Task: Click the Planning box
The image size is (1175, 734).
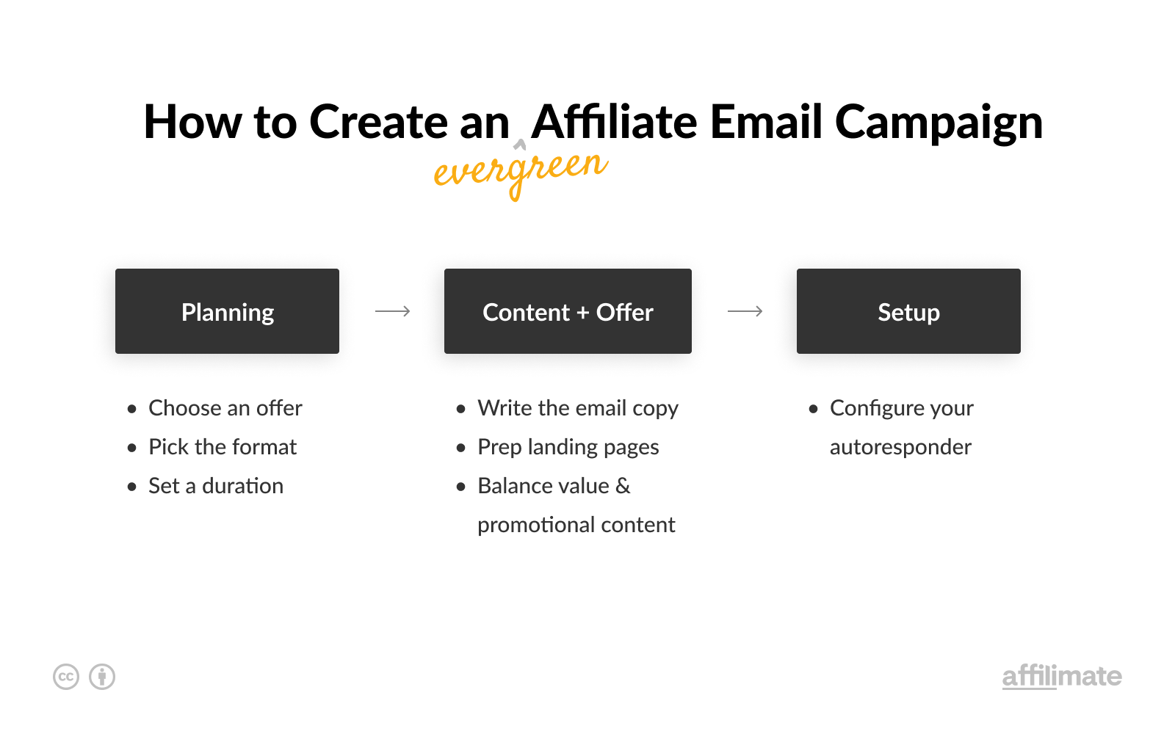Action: coord(227,311)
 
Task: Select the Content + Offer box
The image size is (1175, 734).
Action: coord(568,311)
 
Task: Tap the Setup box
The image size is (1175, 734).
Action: coord(908,311)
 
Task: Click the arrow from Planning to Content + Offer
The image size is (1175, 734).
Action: coord(392,311)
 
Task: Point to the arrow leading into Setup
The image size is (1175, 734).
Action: coord(745,311)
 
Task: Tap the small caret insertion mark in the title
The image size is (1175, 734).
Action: coord(519,144)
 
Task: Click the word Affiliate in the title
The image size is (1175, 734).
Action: coord(614,122)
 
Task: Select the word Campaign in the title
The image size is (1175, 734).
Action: coord(939,124)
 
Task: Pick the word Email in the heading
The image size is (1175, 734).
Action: coord(766,122)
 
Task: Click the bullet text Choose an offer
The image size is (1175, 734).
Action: coord(225,408)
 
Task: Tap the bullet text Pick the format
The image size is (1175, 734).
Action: coord(223,447)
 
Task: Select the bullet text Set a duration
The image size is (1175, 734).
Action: coord(216,485)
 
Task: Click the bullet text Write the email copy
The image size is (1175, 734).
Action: coord(577,409)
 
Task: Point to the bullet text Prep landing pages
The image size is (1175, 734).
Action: coord(568,448)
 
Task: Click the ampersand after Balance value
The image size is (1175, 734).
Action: coord(623,485)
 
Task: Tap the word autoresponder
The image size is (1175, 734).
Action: coord(900,448)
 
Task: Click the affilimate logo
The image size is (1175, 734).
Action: coord(1062,676)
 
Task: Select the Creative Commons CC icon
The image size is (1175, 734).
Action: coord(66,677)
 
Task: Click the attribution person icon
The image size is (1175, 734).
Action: coord(102,677)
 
